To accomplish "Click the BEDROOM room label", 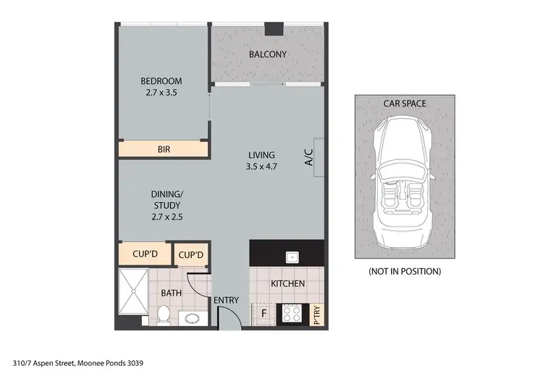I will (x=161, y=81).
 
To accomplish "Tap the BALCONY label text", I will (x=268, y=54).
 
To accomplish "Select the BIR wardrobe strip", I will (x=164, y=150).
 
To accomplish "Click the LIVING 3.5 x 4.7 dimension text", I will (x=261, y=166).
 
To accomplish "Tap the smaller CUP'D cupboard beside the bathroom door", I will (x=191, y=255).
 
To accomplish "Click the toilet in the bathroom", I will (x=164, y=314).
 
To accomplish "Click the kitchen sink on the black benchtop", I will (x=292, y=256).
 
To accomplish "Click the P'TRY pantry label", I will (x=316, y=314).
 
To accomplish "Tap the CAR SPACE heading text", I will (x=405, y=104).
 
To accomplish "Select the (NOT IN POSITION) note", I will (x=405, y=272).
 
